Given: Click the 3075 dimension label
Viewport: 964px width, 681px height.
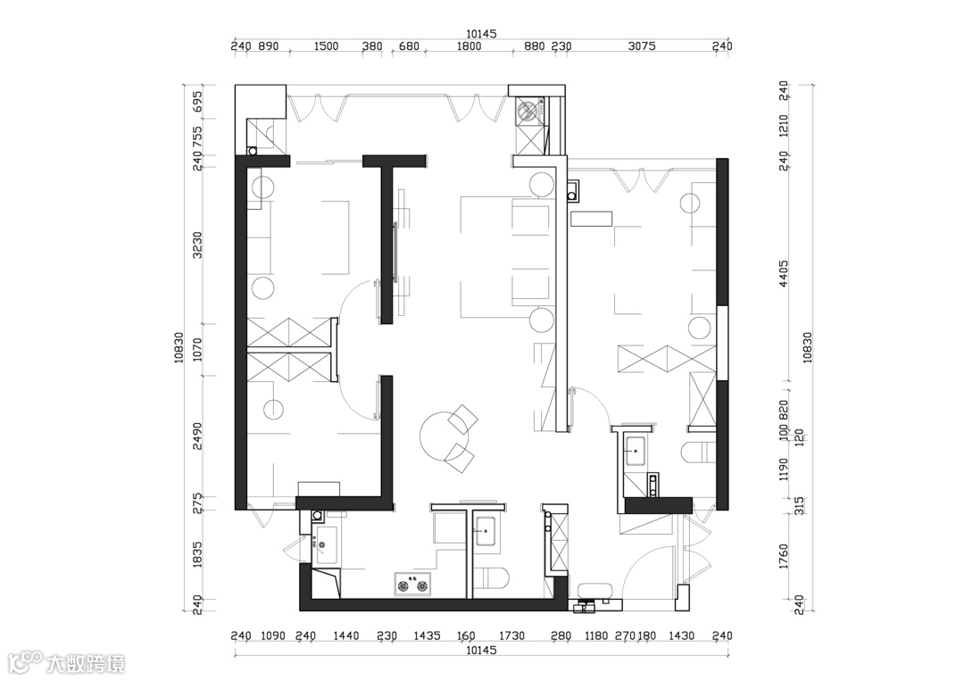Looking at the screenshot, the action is tap(642, 46).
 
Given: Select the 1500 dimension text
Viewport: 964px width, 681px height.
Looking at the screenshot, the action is tap(327, 46).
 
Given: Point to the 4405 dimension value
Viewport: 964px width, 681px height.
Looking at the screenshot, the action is tap(783, 271).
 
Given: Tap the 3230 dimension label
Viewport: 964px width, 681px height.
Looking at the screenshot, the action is tap(197, 247).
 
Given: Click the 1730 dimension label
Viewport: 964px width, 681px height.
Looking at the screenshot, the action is tap(511, 636).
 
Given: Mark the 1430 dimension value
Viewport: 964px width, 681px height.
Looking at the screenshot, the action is tap(681, 636).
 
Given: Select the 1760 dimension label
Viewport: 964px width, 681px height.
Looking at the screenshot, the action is tap(783, 555).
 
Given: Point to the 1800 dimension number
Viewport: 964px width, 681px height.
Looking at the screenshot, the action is tap(469, 46).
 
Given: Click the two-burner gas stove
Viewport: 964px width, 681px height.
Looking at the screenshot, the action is tap(412, 586).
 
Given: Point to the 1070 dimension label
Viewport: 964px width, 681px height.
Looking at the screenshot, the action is tap(197, 350).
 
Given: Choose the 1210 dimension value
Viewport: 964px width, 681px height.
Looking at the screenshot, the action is tap(783, 125).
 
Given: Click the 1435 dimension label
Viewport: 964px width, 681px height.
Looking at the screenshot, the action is tap(428, 636).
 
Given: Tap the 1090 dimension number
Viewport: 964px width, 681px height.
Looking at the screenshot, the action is tap(272, 636).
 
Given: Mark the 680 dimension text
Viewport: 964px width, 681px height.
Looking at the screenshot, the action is tap(409, 46).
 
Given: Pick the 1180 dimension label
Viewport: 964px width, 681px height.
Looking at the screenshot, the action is tap(596, 636).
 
